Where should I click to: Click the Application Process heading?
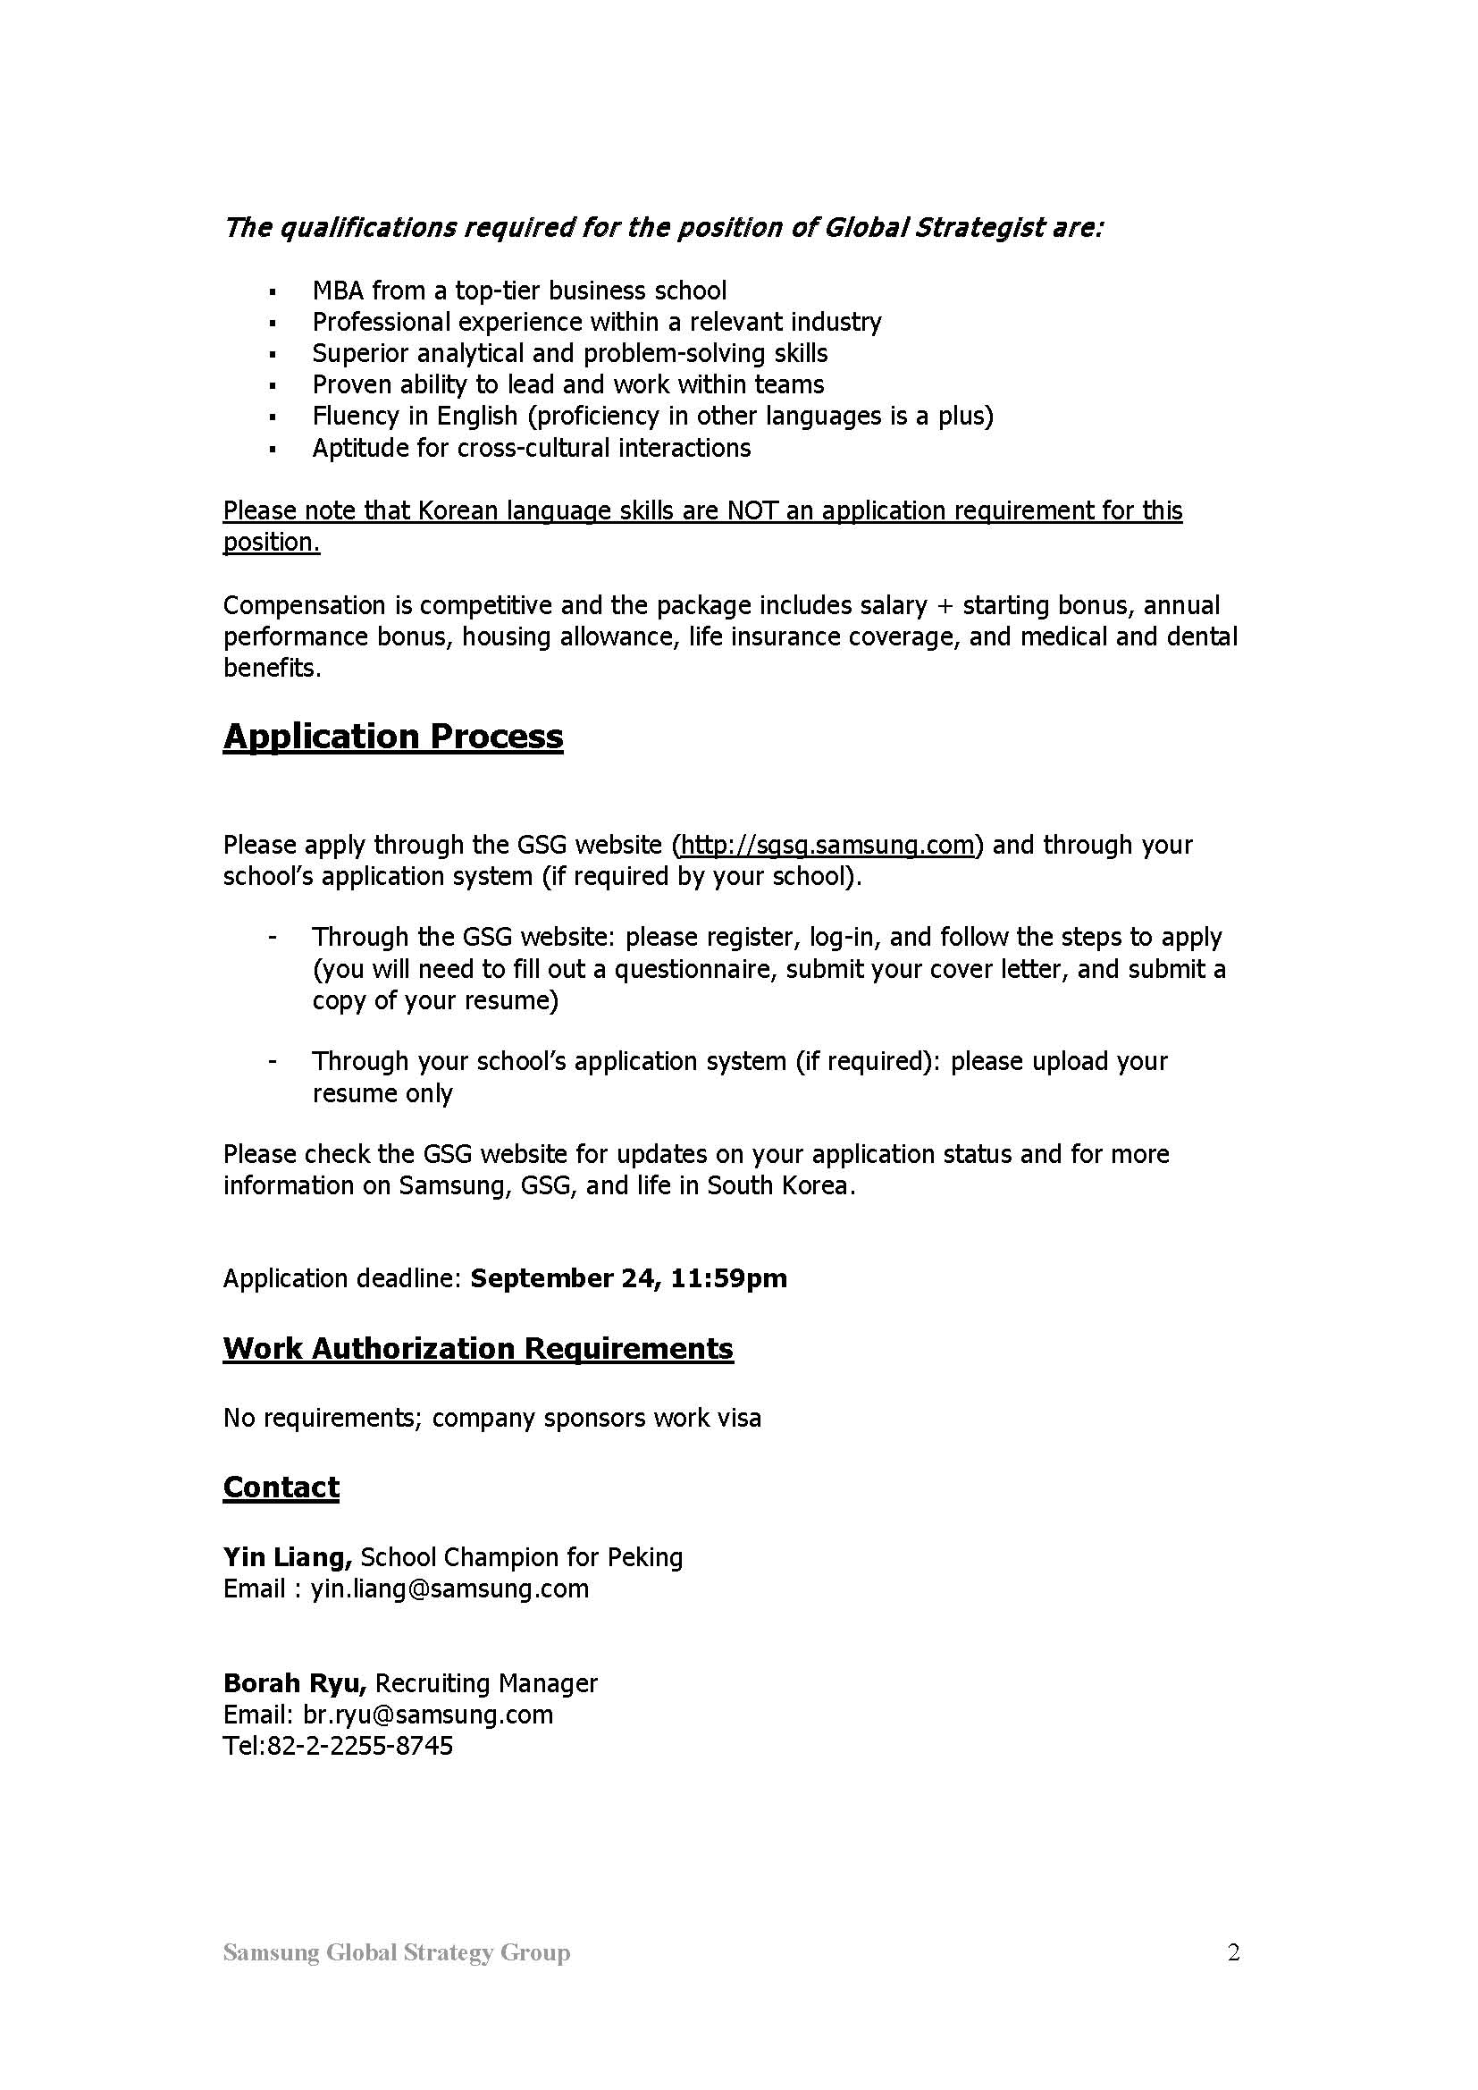click(392, 737)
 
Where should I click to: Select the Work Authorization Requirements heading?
click(478, 1348)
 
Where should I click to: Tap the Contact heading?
click(281, 1487)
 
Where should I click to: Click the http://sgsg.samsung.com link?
click(827, 845)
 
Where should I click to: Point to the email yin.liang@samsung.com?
click(449, 1589)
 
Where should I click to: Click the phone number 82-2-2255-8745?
click(359, 1745)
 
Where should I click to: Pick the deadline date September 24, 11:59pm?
click(628, 1278)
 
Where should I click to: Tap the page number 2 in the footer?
click(1233, 1952)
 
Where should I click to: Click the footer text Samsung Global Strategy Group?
click(397, 1952)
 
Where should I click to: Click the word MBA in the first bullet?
click(338, 291)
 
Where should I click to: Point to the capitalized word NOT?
click(752, 510)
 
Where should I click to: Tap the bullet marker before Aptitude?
click(273, 449)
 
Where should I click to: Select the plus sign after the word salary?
click(945, 606)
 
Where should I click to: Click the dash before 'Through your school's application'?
click(273, 1061)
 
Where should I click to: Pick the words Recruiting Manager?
click(486, 1683)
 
